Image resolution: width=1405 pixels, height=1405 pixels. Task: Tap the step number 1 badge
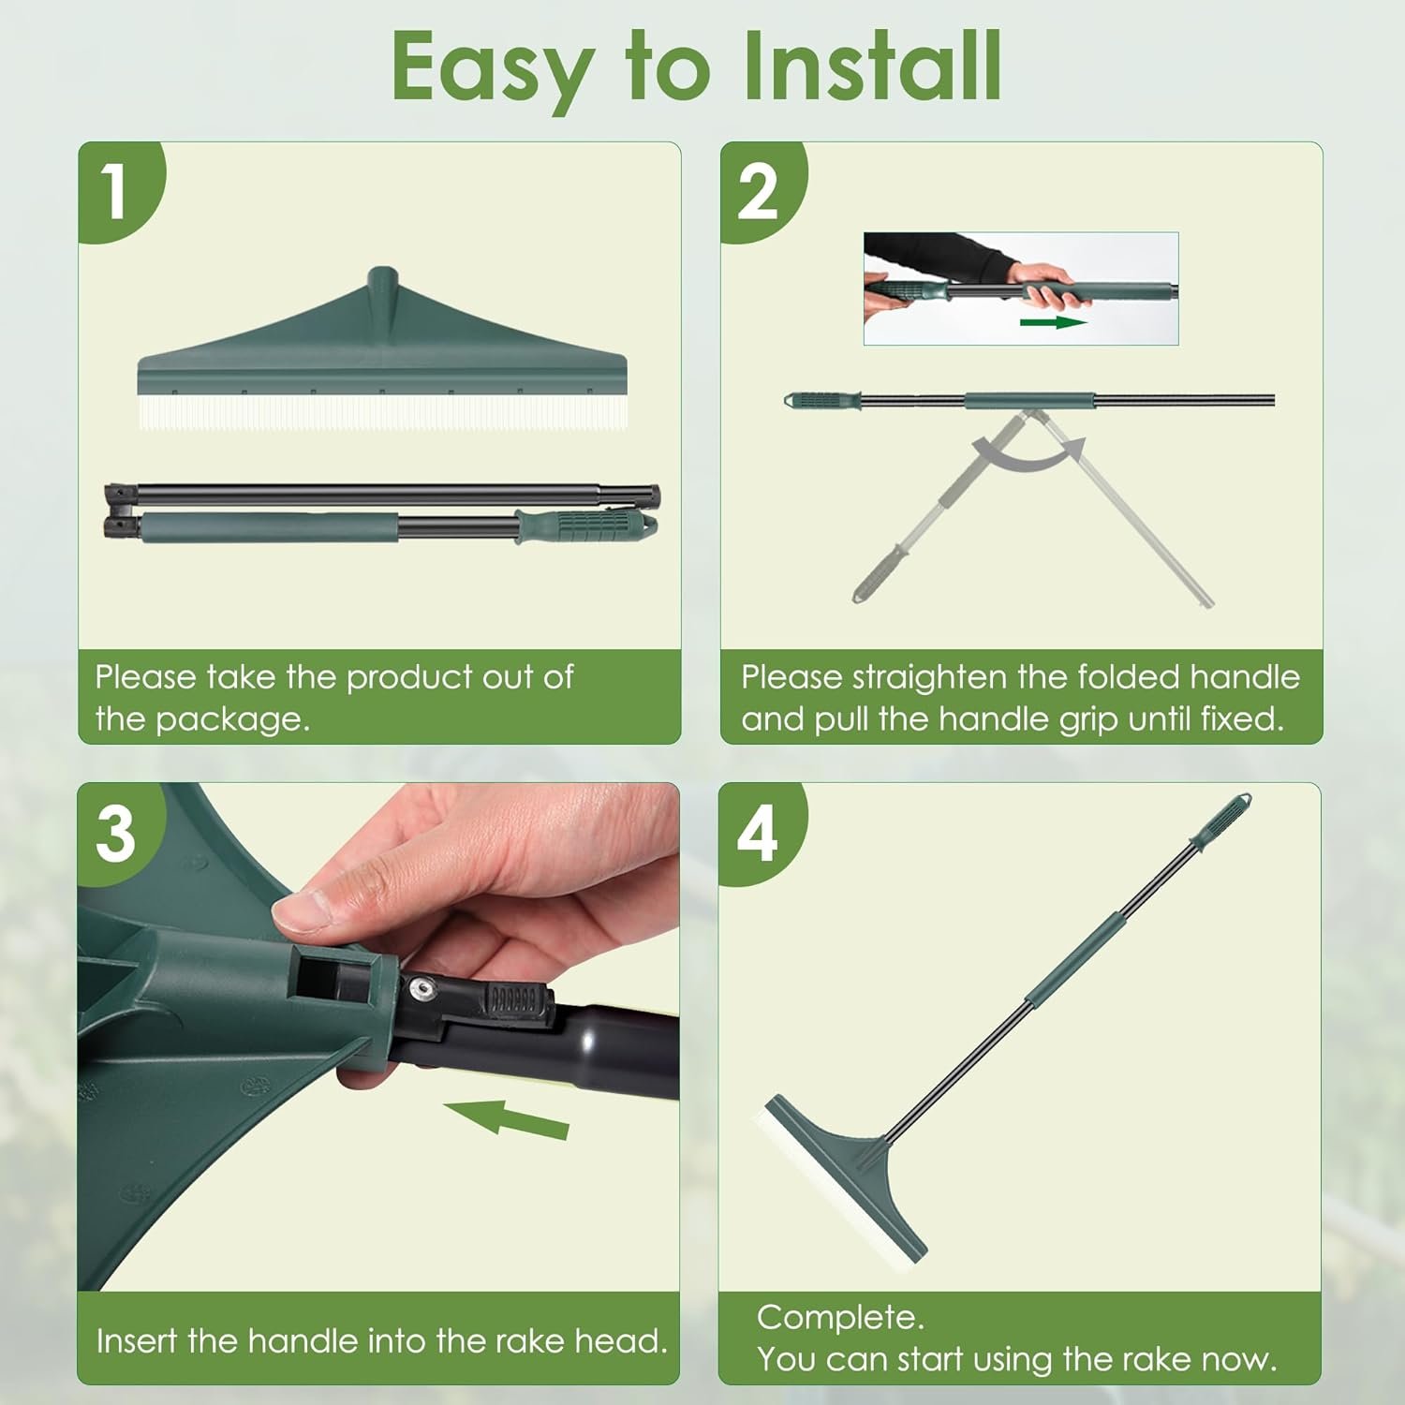coord(119,190)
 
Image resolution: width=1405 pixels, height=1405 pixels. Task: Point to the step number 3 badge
coord(119,833)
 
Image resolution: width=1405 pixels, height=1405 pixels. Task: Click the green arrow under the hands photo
coord(1053,322)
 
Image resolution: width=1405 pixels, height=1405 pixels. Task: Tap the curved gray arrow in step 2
coord(1028,451)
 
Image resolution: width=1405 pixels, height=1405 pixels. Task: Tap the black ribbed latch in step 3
coord(514,999)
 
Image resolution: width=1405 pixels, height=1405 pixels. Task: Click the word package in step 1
coord(231,720)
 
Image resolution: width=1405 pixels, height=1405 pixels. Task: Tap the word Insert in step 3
coord(137,1341)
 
